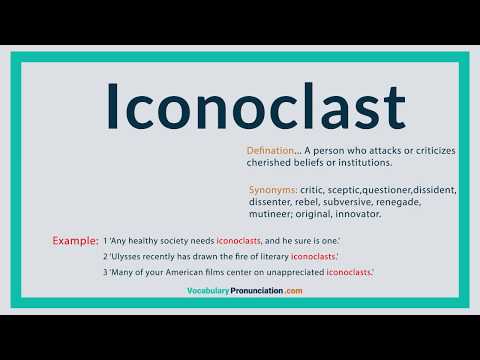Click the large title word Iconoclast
(x=256, y=105)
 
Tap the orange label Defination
(x=270, y=151)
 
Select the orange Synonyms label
(x=273, y=190)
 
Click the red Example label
(x=75, y=241)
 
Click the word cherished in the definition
(x=268, y=163)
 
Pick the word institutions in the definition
(x=365, y=163)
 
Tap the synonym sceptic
(x=343, y=190)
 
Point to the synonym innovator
(x=358, y=214)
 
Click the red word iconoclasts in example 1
(x=238, y=241)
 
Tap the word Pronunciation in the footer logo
(x=257, y=291)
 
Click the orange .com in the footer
(x=294, y=291)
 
